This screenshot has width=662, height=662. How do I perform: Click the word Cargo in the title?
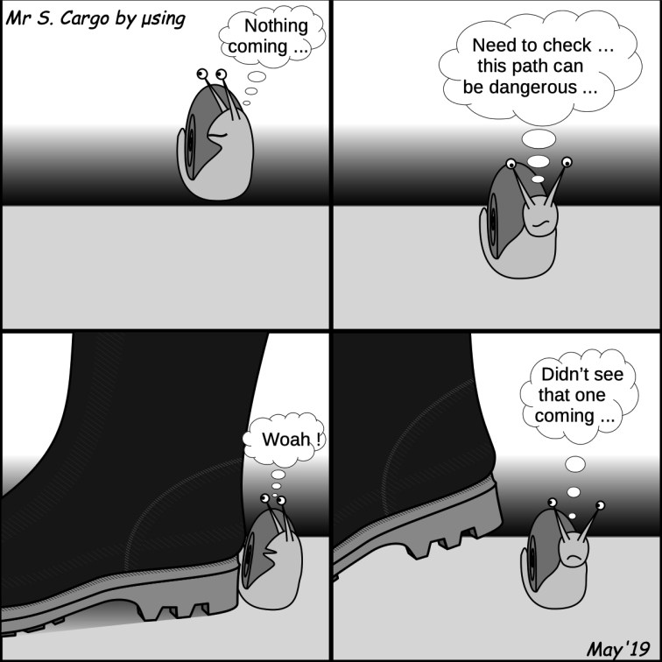84,19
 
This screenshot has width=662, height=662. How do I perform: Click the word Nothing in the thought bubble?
276,26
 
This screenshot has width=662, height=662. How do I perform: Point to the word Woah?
286,440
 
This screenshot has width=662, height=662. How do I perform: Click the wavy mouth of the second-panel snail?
540,223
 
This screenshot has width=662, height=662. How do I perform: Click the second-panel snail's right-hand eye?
567,162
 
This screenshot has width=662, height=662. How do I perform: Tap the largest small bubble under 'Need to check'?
539,139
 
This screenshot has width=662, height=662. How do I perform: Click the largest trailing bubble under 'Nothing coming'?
257,76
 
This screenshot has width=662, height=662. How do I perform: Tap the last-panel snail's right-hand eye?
600,505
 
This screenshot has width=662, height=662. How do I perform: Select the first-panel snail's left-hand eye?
202,74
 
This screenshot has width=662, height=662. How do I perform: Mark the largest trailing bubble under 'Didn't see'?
575,464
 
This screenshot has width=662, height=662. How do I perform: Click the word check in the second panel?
568,46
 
